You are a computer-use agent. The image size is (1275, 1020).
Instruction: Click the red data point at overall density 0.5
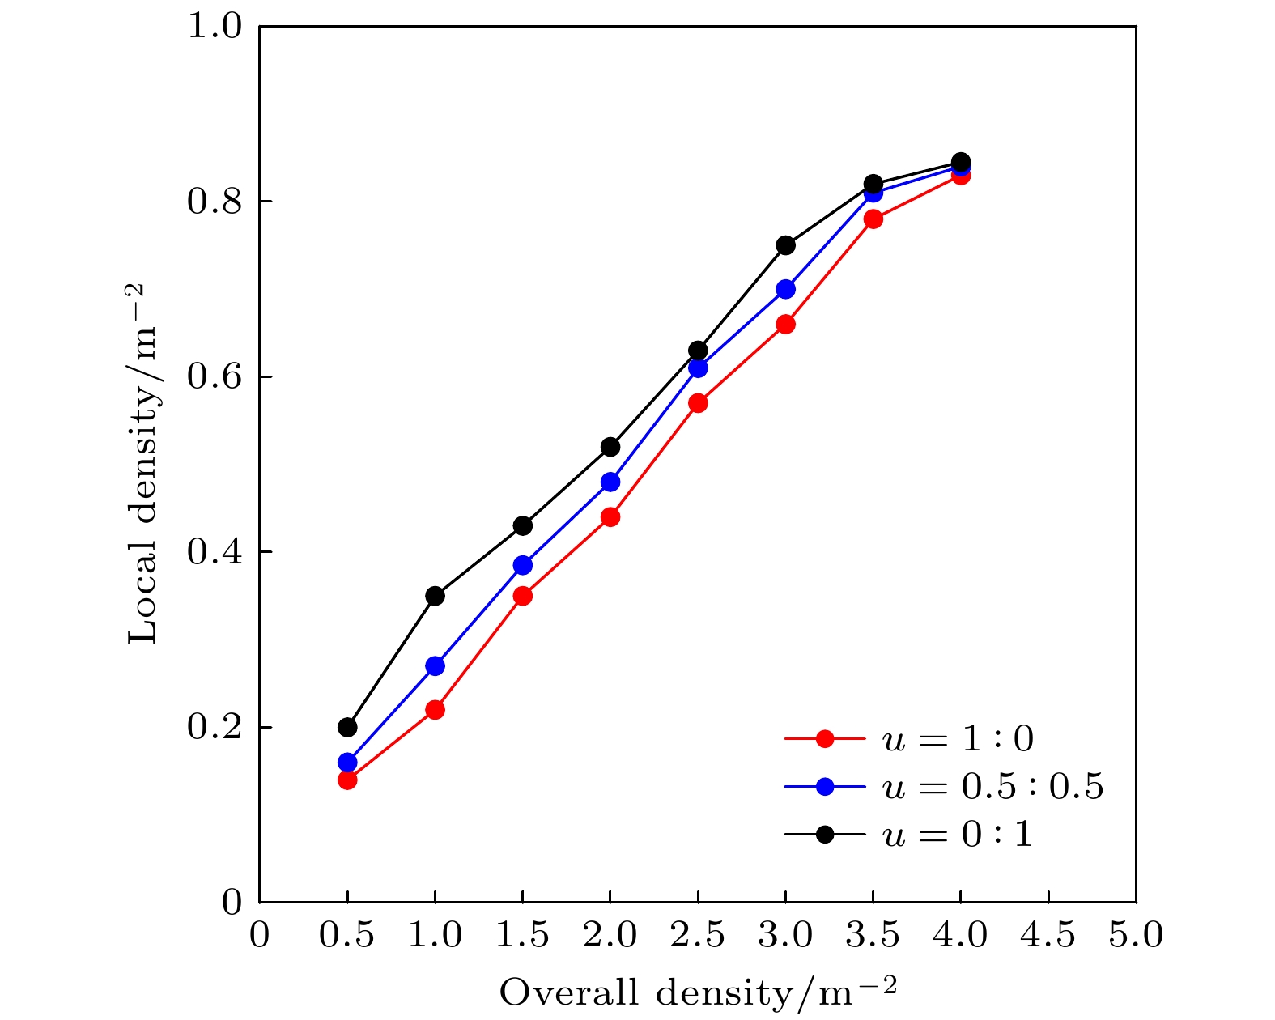pyautogui.click(x=347, y=780)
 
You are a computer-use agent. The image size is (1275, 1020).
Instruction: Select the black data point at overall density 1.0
pyautogui.click(x=435, y=596)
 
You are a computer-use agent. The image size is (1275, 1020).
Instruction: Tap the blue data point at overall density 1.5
pyautogui.click(x=523, y=565)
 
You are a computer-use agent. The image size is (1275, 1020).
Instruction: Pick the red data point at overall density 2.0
pyautogui.click(x=610, y=516)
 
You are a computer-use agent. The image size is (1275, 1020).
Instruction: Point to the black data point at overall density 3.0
pyautogui.click(x=785, y=245)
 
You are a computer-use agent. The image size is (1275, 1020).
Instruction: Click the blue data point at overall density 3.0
pyautogui.click(x=785, y=289)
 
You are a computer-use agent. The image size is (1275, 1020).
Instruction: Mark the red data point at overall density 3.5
pyautogui.click(x=873, y=219)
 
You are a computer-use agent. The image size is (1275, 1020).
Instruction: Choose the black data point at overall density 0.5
pyautogui.click(x=347, y=727)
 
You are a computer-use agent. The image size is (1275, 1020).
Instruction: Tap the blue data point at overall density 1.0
pyautogui.click(x=435, y=666)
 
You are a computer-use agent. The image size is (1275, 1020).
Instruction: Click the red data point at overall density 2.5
pyautogui.click(x=698, y=403)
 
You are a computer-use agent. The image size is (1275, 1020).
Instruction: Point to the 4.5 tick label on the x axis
pyautogui.click(x=1048, y=937)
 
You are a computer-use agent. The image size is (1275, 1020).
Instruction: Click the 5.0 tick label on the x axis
pyautogui.click(x=1136, y=937)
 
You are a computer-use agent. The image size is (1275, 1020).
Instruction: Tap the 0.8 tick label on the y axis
pyautogui.click(x=215, y=202)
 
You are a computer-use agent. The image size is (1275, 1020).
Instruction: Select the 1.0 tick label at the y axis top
pyautogui.click(x=215, y=26)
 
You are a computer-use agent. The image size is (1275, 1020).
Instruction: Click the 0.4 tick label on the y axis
pyautogui.click(x=215, y=552)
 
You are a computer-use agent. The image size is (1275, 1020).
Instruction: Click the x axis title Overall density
pyautogui.click(x=698, y=993)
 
